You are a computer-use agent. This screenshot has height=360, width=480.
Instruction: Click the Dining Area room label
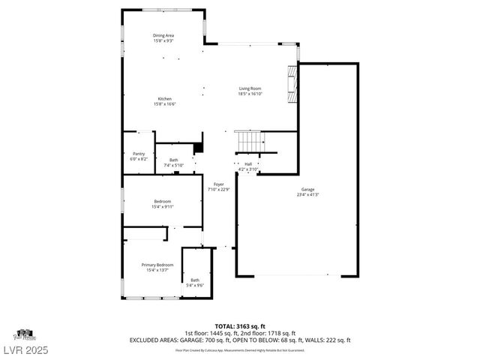click(x=163, y=35)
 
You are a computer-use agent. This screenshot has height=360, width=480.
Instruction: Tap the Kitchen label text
click(x=164, y=99)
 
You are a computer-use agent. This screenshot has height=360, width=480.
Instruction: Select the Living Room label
click(x=250, y=88)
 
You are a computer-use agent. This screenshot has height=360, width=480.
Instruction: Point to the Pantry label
click(x=139, y=154)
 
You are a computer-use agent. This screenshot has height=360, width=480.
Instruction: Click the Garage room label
click(x=307, y=190)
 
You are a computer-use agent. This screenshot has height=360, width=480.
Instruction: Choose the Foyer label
click(x=218, y=184)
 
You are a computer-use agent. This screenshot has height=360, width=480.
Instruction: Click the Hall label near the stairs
click(x=247, y=164)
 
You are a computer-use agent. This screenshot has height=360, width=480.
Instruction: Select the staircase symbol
click(x=250, y=140)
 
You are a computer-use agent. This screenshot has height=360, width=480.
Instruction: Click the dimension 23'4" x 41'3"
click(x=307, y=195)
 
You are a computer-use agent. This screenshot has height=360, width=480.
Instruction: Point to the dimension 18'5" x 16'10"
click(x=250, y=94)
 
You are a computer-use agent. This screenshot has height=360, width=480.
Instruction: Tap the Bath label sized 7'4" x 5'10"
click(x=173, y=160)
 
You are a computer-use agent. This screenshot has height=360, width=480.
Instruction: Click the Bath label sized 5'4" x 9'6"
click(x=195, y=280)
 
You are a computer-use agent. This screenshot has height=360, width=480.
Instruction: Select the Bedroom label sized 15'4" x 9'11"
click(x=163, y=201)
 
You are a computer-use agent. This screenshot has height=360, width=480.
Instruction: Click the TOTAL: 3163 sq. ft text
click(x=240, y=326)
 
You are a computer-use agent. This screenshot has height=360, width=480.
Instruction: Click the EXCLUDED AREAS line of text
click(x=240, y=340)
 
